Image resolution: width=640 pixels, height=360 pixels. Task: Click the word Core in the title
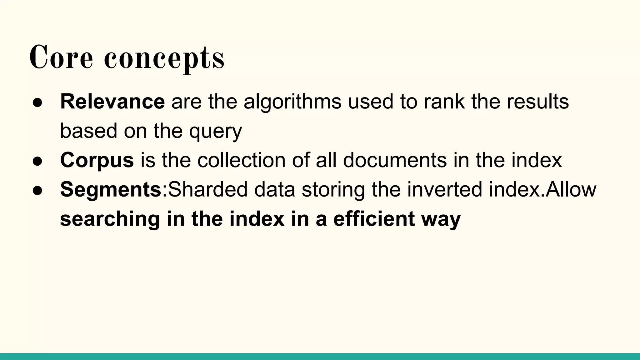pos(61,57)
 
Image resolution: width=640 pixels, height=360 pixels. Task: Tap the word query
pos(215,131)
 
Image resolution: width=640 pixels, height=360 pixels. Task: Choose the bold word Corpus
pos(97,161)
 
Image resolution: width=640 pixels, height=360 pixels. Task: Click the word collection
pos(241,160)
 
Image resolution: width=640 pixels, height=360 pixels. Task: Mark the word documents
pos(395,160)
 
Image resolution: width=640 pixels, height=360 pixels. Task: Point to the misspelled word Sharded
pos(207,189)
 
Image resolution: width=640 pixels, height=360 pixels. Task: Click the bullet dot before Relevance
pos(37,102)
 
